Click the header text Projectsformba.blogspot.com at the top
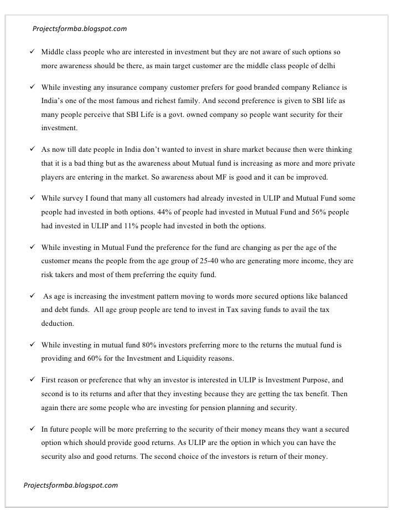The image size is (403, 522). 80,28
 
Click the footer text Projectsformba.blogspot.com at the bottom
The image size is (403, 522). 71,485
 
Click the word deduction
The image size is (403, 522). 59,323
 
